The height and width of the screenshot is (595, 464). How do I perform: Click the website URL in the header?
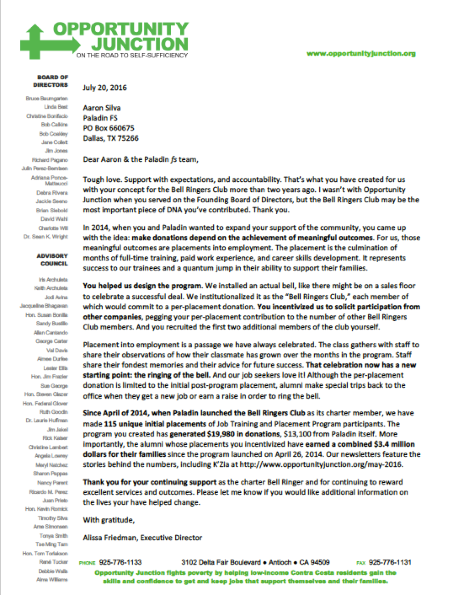pyautogui.click(x=361, y=53)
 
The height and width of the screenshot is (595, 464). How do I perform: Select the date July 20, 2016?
pyautogui.click(x=105, y=88)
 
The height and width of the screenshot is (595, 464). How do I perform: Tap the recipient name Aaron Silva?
pyautogui.click(x=102, y=108)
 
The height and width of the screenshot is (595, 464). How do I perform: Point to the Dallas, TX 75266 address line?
pyautogui.click(x=111, y=138)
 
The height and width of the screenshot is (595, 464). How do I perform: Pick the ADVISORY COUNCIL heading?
pyautogui.click(x=52, y=260)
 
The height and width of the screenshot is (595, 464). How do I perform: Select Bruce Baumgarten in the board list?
pyautogui.click(x=47, y=98)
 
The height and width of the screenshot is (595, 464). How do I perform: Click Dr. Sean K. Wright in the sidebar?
pyautogui.click(x=46, y=237)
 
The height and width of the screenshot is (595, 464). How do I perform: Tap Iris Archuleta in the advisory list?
pyautogui.click(x=53, y=280)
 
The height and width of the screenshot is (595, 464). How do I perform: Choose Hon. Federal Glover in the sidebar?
pyautogui.click(x=45, y=403)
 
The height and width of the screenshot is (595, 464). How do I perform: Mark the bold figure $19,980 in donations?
pyautogui.click(x=225, y=434)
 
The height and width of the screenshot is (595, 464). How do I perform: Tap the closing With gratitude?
pyautogui.click(x=109, y=520)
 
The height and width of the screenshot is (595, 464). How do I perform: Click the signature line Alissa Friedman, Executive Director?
pyautogui.click(x=142, y=538)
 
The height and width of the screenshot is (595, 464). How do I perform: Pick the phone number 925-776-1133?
pyautogui.click(x=120, y=562)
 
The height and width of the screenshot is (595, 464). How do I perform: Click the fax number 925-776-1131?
pyautogui.click(x=390, y=562)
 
